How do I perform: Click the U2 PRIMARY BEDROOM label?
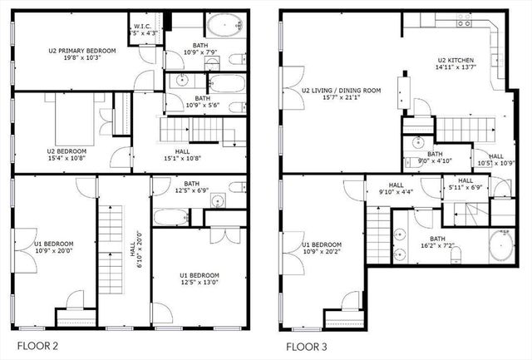point(81,51)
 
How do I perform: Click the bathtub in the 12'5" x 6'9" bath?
point(171,218)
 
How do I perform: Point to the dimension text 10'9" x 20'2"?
point(313,251)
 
